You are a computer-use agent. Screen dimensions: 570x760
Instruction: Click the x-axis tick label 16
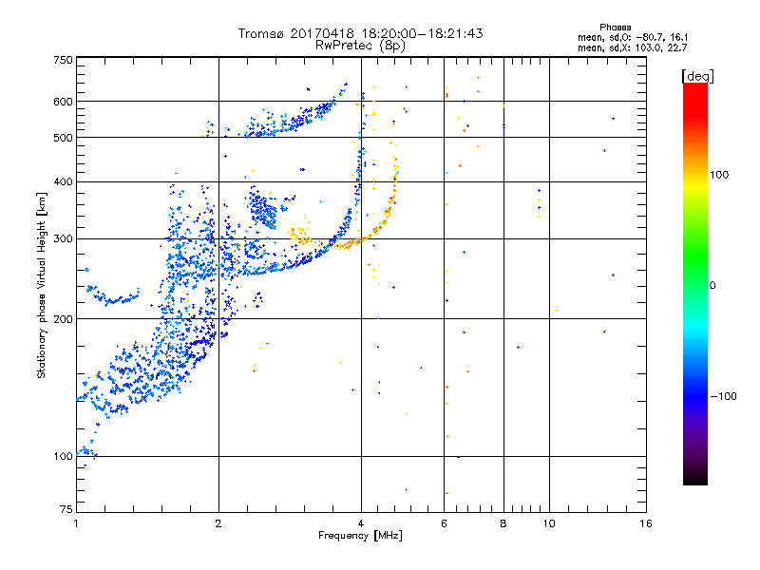[645, 523]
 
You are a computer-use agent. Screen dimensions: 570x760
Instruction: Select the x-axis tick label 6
[444, 523]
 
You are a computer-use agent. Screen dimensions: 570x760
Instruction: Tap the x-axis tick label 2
[218, 523]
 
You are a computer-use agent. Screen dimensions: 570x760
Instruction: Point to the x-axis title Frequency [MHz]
[361, 537]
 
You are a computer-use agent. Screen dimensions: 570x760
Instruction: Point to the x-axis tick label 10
[549, 523]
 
